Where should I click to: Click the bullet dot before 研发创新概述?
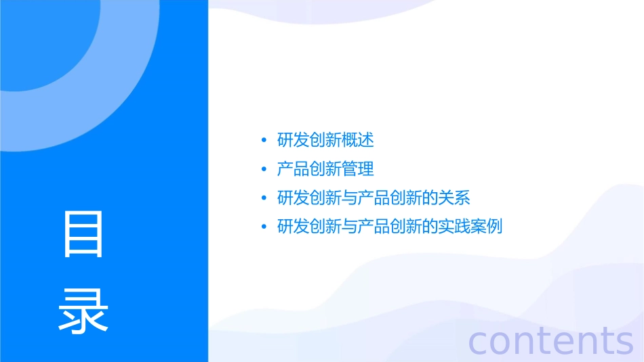tap(264, 141)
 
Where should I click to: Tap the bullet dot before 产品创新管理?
tap(264, 169)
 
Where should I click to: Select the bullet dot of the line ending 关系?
tap(264, 198)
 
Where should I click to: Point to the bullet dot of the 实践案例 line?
tap(264, 227)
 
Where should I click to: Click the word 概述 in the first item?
tap(358, 141)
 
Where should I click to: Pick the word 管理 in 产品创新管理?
tap(358, 169)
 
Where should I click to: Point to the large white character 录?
tap(83, 311)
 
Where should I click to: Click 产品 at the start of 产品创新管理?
tap(294, 169)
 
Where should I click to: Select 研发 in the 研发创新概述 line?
tap(294, 141)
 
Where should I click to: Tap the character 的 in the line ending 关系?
tap(430, 198)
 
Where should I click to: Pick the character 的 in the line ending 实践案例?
tap(430, 227)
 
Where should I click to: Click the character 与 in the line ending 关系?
tap(350, 198)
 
